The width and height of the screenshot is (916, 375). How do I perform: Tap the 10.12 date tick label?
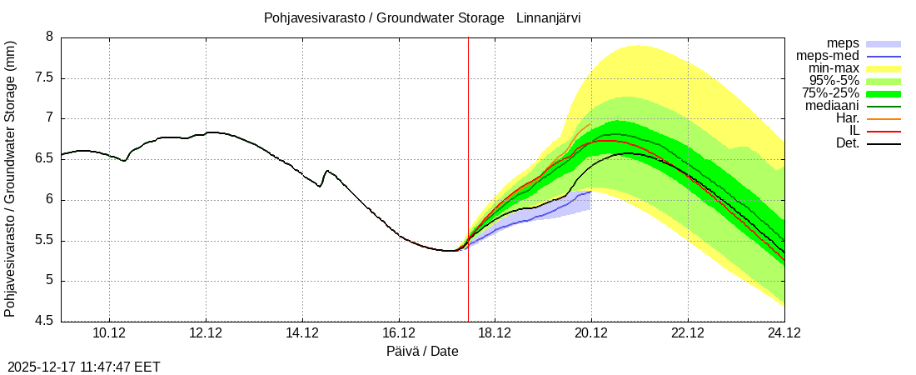(109, 333)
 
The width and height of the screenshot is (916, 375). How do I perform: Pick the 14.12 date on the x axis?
(302, 333)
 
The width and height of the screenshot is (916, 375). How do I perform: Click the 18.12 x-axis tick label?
(495, 333)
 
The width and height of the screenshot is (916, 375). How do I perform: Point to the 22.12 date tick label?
(688, 333)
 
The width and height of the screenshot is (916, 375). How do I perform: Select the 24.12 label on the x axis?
(784, 333)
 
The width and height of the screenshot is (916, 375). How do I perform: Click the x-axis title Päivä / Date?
(422, 351)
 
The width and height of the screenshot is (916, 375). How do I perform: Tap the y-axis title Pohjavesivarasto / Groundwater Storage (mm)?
(10, 178)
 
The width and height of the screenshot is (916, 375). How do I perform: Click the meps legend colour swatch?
(884, 43)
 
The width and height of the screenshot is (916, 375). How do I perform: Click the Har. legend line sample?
(884, 119)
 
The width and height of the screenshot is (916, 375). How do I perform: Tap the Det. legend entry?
(847, 143)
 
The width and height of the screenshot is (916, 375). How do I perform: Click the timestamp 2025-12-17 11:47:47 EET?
(84, 367)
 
